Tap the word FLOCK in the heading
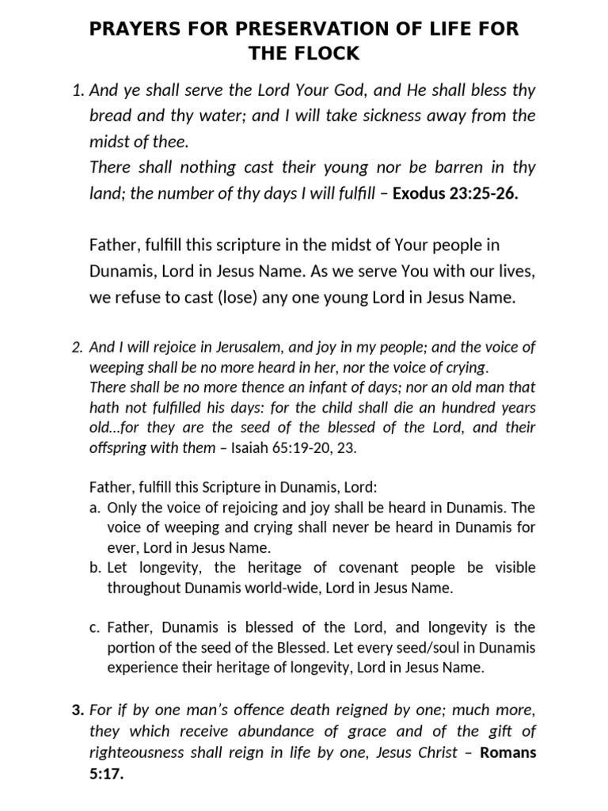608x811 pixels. pyautogui.click(x=328, y=54)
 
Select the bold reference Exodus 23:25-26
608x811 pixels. pyautogui.click(x=455, y=193)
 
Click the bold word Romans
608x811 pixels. pyautogui.click(x=507, y=752)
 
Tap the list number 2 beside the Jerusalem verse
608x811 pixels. pyautogui.click(x=77, y=346)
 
